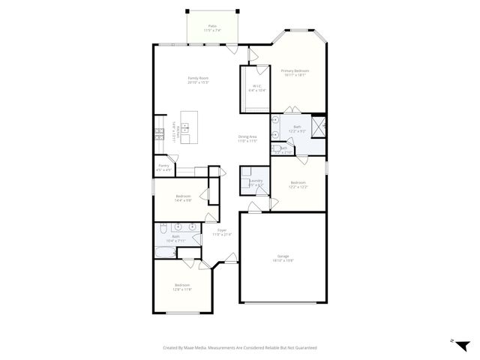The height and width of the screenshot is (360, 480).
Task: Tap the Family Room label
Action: [198, 78]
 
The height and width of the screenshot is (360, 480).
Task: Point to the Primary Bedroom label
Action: [295, 71]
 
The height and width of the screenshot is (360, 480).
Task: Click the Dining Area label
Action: [247, 136]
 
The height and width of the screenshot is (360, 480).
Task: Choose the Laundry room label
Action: [256, 181]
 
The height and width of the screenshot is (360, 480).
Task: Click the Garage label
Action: [283, 256]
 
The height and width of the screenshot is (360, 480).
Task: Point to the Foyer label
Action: [222, 230]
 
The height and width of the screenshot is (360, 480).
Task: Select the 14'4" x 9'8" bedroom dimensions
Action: [183, 200]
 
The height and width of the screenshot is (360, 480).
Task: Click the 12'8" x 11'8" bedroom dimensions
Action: [182, 289]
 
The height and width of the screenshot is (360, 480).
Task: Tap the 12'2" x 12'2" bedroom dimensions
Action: [298, 187]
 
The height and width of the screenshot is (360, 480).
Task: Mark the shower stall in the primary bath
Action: [318, 125]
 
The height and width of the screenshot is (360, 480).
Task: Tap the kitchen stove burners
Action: [158, 134]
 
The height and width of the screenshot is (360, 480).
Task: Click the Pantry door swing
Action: [173, 158]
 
